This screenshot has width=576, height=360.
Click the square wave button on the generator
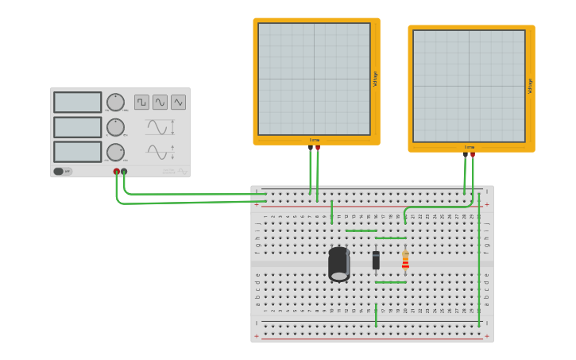pos(141,102)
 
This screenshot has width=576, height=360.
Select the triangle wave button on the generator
pos(178,102)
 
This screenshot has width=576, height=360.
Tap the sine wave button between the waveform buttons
pos(160,102)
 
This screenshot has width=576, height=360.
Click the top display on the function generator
pos(77,103)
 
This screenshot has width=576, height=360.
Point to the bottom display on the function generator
pos(77,152)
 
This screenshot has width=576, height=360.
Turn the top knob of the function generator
pos(115,102)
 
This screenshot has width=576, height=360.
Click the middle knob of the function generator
pos(115,127)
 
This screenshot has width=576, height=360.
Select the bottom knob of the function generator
pos(115,152)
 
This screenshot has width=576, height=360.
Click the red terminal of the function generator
pos(117,171)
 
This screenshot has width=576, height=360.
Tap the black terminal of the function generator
pos(124,171)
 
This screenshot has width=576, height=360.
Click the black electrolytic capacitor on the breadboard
pos(339,264)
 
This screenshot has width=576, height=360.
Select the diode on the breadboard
pos(376,260)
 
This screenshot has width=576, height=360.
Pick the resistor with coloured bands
pos(405,260)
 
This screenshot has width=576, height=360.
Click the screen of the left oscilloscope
pos(314,79)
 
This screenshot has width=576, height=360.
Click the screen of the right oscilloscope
pos(469,86)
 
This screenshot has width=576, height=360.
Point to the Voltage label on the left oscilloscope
pos(375,79)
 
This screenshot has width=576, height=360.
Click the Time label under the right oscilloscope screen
pos(470,147)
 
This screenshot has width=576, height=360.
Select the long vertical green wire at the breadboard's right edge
pos(479,270)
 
